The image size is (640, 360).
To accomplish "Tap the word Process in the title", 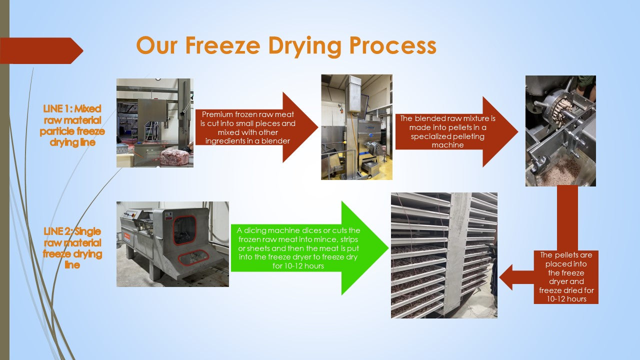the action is tap(393, 45).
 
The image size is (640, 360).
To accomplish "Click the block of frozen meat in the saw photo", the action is tap(174, 157).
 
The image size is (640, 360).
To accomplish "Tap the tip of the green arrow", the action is tap(388, 248).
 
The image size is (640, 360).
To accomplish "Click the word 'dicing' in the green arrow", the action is tap(254, 230).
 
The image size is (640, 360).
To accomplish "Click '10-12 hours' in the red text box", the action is tap(566, 299).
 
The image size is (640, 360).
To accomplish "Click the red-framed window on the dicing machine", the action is tap(184, 230).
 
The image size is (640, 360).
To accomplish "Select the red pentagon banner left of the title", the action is tap(41, 50).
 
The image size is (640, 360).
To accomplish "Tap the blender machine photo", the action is tap(356, 127).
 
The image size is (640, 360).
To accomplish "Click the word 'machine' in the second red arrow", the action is tap(447, 145).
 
